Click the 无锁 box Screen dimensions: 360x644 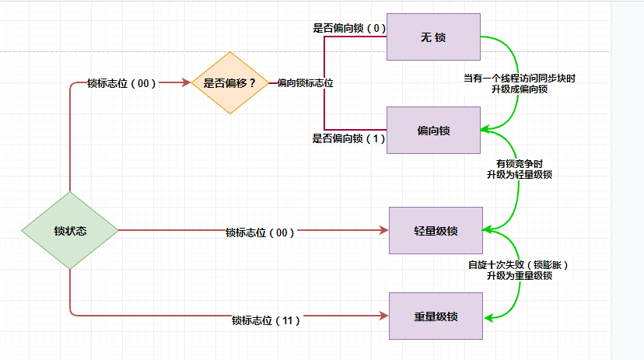[432, 37]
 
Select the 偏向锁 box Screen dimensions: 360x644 [432, 130]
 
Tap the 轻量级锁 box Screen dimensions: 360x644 [436, 231]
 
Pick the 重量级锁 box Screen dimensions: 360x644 [436, 316]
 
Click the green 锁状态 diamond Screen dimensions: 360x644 [70, 231]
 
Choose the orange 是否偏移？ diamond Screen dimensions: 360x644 [229, 82]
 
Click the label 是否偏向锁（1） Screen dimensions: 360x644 [348, 138]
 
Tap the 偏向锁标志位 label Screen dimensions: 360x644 [306, 82]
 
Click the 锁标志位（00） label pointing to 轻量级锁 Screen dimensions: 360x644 [260, 232]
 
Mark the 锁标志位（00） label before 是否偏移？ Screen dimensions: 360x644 [121, 83]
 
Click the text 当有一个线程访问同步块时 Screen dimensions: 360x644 [520, 79]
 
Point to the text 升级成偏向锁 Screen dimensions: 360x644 [520, 89]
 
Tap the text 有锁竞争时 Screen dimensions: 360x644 [520, 164]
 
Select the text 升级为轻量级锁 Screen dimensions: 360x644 [520, 175]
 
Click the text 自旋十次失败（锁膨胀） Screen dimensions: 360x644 [520, 264]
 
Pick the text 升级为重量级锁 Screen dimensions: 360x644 [520, 275]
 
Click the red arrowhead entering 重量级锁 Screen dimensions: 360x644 [383, 316]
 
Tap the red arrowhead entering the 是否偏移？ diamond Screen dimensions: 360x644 [187, 82]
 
